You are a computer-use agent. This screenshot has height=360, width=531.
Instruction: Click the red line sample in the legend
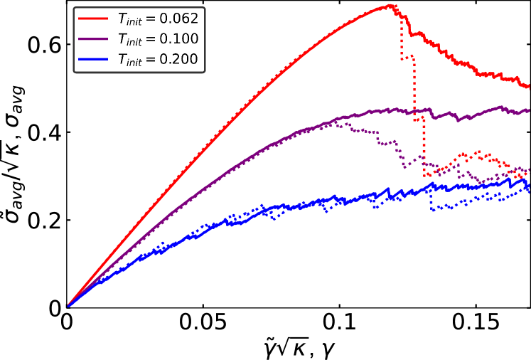[x=92, y=18]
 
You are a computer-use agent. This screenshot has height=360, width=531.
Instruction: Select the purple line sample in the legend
[x=92, y=39]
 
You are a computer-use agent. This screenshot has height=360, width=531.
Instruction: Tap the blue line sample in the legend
[x=92, y=60]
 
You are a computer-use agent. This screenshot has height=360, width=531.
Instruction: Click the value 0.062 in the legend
[x=179, y=18]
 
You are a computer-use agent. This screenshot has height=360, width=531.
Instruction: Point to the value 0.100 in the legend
[x=179, y=39]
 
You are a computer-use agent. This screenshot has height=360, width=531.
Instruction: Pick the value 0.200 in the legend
[x=179, y=60]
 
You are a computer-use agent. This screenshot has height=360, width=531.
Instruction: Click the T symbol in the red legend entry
[x=122, y=18]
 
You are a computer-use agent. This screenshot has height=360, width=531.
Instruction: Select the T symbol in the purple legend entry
[x=122, y=39]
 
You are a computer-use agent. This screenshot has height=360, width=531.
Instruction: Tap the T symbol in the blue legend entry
[x=122, y=60]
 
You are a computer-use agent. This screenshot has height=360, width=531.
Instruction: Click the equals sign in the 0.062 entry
[x=151, y=19]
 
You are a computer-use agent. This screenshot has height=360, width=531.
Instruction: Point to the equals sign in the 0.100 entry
[x=151, y=40]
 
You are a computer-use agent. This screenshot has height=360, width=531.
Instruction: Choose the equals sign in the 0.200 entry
[x=151, y=60]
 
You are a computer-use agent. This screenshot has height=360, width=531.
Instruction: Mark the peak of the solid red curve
[x=392, y=6]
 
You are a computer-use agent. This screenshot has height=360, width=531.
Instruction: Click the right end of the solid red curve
[x=528, y=87]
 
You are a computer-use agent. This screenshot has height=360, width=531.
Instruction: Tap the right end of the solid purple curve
[x=528, y=110]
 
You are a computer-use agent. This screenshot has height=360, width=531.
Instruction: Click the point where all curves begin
[x=69, y=305]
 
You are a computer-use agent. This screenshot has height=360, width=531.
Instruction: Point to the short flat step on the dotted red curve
[x=407, y=57]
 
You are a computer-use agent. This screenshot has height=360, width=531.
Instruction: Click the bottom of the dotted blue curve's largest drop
[x=431, y=209]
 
